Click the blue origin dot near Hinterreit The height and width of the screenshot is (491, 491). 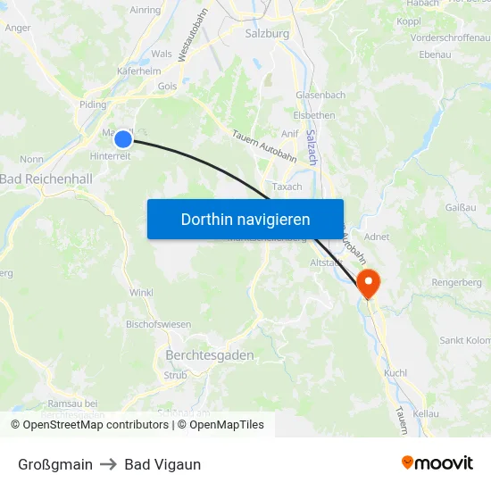(123, 138)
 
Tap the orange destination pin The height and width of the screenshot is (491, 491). (368, 283)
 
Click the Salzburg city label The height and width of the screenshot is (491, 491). (266, 34)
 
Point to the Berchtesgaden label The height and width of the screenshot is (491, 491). (210, 354)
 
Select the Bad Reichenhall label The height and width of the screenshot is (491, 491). (46, 179)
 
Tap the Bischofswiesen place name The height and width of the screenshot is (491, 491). (158, 324)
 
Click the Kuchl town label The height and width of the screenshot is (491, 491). (395, 372)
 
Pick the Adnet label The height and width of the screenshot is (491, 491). (377, 238)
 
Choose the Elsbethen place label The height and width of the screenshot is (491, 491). (314, 115)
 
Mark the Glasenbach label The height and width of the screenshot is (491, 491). (320, 95)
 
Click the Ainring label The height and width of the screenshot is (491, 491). (146, 10)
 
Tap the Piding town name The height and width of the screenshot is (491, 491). (93, 104)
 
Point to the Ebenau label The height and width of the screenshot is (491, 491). (434, 54)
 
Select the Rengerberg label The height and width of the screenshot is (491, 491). (456, 282)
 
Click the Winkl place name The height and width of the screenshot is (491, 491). (141, 292)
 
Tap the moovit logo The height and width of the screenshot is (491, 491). (437, 463)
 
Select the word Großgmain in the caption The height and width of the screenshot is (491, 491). (55, 464)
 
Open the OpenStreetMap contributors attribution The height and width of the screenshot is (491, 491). (95, 425)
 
